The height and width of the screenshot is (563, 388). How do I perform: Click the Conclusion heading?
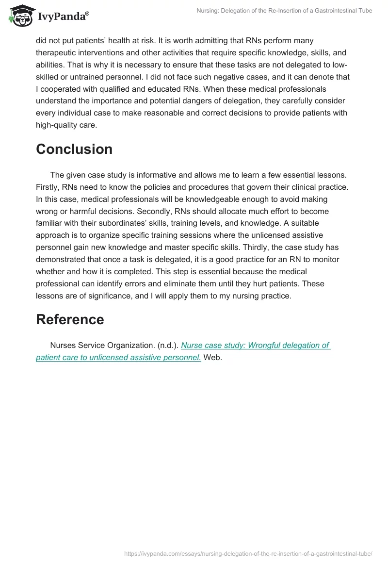coord(74,149)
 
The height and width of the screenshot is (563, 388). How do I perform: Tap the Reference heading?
coord(70,319)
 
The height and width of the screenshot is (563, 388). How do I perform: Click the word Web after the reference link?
coord(212,358)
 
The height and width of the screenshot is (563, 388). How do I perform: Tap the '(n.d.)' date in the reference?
coord(168,346)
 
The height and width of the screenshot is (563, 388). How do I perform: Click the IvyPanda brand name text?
coord(63,17)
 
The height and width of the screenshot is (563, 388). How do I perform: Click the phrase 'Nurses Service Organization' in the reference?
coord(102,346)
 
